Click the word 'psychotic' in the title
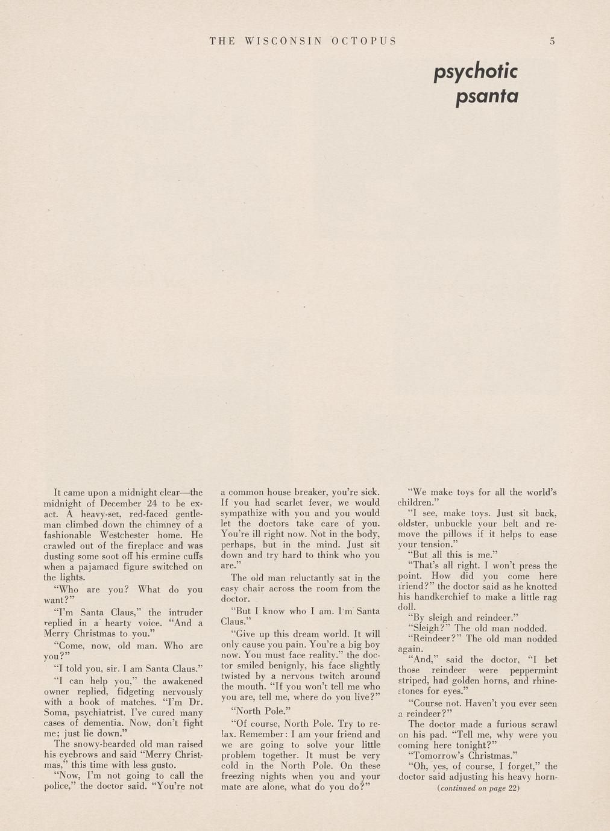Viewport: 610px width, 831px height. point(476,72)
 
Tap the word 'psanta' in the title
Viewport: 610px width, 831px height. point(487,96)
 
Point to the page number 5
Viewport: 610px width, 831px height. point(552,41)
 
